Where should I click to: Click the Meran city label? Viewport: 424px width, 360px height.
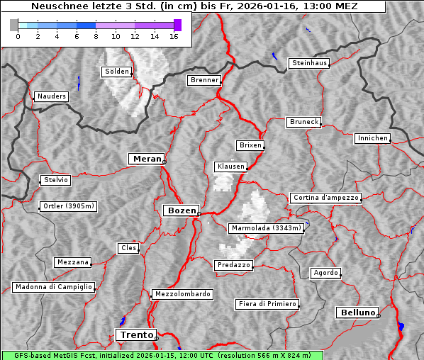coord(147,159)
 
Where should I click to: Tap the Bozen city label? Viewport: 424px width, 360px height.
coord(181,210)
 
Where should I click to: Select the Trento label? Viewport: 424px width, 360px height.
coord(135,334)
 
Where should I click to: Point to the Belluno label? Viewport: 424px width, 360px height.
coord(357,312)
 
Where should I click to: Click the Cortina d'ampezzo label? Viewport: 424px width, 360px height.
coord(325,198)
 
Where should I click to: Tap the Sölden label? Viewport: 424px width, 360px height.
coord(117,72)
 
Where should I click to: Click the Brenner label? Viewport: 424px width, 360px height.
coord(204,80)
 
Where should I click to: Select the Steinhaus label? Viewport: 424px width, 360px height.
coord(310,63)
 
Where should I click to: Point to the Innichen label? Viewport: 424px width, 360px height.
coord(372,138)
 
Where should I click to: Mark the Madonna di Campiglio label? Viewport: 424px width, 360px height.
coord(53,287)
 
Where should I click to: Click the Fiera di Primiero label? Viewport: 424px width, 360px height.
coord(267,304)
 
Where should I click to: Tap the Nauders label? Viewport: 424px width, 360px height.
coord(51,96)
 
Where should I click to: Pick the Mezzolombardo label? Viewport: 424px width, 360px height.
coord(182,294)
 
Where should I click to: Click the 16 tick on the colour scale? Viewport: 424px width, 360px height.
coord(174,36)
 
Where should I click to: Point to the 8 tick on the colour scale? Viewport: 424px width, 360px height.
coord(96,36)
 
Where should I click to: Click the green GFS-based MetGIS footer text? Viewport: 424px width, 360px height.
coord(162,355)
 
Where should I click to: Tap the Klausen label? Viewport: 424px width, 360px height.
coord(230,167)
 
